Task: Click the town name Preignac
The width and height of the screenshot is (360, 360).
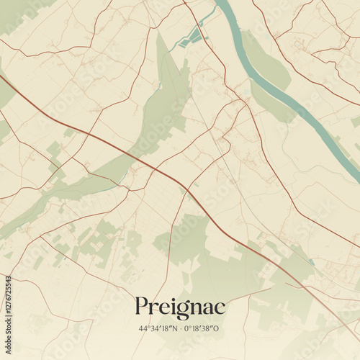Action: coord(179,307)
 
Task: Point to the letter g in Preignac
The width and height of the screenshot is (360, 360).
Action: coord(177,310)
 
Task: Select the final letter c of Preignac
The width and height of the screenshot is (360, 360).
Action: coord(220,307)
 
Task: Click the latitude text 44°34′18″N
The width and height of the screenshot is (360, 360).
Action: coord(158,329)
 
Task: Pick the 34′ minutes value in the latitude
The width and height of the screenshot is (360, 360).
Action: coord(154,329)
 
